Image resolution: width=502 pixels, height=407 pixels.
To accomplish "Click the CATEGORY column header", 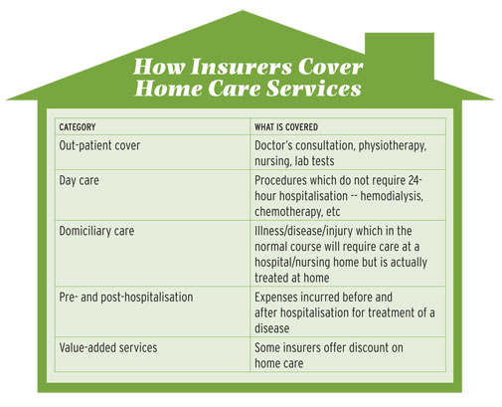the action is pyautogui.click(x=78, y=127).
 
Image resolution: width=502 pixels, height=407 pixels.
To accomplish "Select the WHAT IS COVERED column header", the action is pyautogui.click(x=286, y=127).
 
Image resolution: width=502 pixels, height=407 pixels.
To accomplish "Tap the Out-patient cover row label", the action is pyautogui.click(x=99, y=145).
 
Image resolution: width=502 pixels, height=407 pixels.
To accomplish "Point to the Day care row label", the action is pyautogui.click(x=79, y=181).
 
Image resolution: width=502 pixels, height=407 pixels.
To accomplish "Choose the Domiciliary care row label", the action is pyautogui.click(x=96, y=231).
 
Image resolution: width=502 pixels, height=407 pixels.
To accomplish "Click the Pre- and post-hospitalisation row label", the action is pyautogui.click(x=126, y=298).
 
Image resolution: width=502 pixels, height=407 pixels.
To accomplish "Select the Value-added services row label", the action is pyautogui.click(x=108, y=347).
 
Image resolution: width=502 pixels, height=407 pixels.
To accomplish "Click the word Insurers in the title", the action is pyautogui.click(x=242, y=67).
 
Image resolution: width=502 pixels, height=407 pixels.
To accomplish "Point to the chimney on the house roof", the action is pyautogui.click(x=400, y=56).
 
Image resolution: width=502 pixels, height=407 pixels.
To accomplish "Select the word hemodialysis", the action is pyautogui.click(x=392, y=196).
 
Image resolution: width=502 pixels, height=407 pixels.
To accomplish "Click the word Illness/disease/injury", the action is pyautogui.click(x=303, y=231).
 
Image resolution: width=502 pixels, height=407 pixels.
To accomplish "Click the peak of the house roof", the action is pyautogui.click(x=243, y=10).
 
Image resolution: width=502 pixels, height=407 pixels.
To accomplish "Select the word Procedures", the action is pyautogui.click(x=280, y=180).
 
